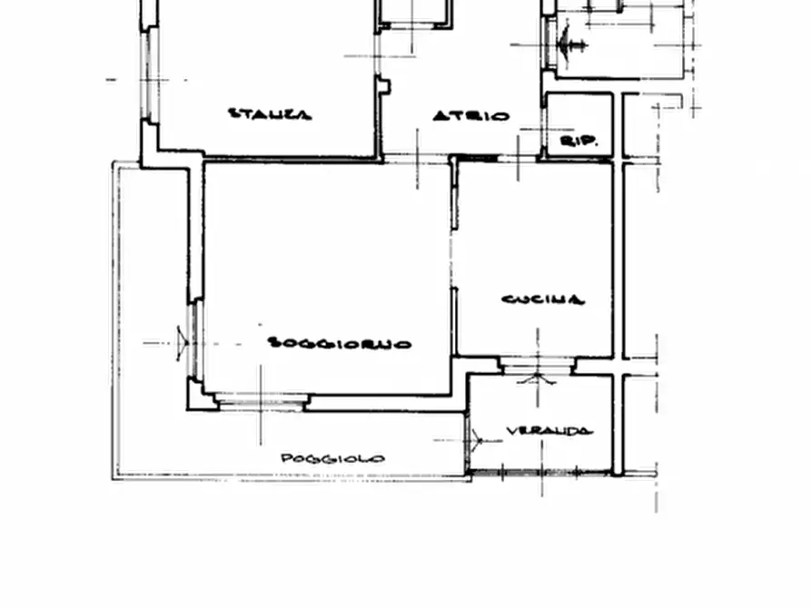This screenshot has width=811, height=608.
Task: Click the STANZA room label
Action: point(269,114)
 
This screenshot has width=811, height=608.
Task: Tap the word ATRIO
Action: point(470,116)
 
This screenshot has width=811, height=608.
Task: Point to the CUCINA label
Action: point(543,299)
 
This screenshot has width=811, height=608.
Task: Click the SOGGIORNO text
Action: point(340,343)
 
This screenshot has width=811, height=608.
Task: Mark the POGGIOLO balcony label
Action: point(331,458)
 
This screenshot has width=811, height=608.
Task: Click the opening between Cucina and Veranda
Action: point(537,365)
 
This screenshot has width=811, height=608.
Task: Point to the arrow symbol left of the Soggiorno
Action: point(183,343)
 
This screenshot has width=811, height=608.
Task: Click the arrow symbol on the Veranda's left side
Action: point(476,440)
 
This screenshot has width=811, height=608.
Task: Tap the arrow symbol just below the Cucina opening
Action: point(537,378)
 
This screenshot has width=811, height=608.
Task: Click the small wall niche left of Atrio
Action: point(384,87)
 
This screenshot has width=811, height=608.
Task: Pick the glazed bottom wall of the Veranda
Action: point(539,472)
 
